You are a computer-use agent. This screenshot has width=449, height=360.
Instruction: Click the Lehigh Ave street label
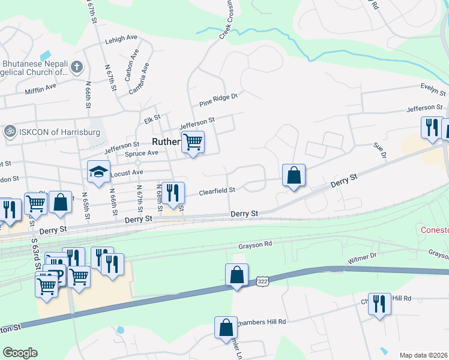click(x=121, y=38)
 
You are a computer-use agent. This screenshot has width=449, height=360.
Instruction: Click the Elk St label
click(x=152, y=118)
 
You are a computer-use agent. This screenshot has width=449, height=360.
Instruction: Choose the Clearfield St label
click(x=217, y=190)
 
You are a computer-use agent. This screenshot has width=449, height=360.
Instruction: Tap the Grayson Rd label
click(x=255, y=244)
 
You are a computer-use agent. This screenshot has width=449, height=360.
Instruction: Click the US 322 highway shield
click(x=261, y=281)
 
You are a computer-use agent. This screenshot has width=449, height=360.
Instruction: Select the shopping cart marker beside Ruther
click(x=193, y=142)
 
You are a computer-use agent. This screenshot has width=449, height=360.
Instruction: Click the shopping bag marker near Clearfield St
click(x=294, y=175)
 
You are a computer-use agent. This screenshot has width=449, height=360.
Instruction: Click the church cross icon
click(x=77, y=67)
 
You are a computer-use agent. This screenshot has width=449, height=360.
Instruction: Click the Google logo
click(x=20, y=353)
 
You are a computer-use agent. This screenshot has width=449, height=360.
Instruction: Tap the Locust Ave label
click(x=129, y=172)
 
